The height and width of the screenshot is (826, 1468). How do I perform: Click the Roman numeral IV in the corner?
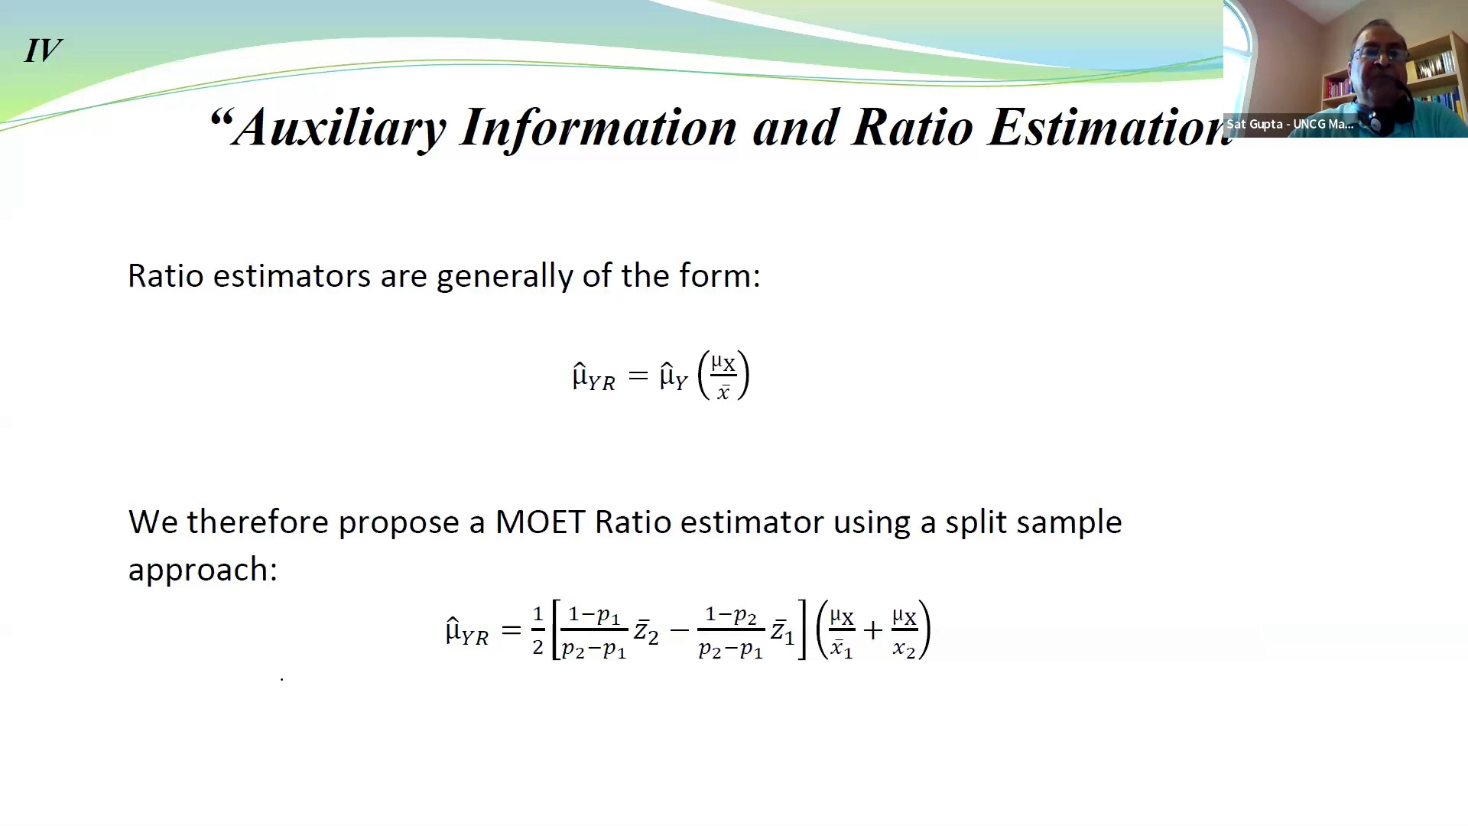tap(43, 51)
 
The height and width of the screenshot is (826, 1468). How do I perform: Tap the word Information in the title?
tap(598, 128)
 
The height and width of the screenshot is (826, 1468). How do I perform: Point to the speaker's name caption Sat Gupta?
tap(1289, 125)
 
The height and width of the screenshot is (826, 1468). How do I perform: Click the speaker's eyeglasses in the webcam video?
tap(1379, 54)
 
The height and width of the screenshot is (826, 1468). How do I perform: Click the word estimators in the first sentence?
tap(291, 276)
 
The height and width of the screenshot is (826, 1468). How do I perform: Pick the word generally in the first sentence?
tap(505, 276)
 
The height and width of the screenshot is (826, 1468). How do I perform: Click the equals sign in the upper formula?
tap(638, 376)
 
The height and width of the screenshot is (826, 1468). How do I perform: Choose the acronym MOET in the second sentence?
tap(540, 522)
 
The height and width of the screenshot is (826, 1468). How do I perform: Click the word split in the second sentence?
tap(976, 522)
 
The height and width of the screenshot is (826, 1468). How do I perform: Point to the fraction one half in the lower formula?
tap(538, 631)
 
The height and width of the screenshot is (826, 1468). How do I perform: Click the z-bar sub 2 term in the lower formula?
tap(646, 633)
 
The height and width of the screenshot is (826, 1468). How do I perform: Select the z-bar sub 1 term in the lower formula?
tap(782, 633)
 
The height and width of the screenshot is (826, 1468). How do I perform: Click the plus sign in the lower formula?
tap(872, 631)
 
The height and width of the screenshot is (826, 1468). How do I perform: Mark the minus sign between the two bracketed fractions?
tap(678, 632)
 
